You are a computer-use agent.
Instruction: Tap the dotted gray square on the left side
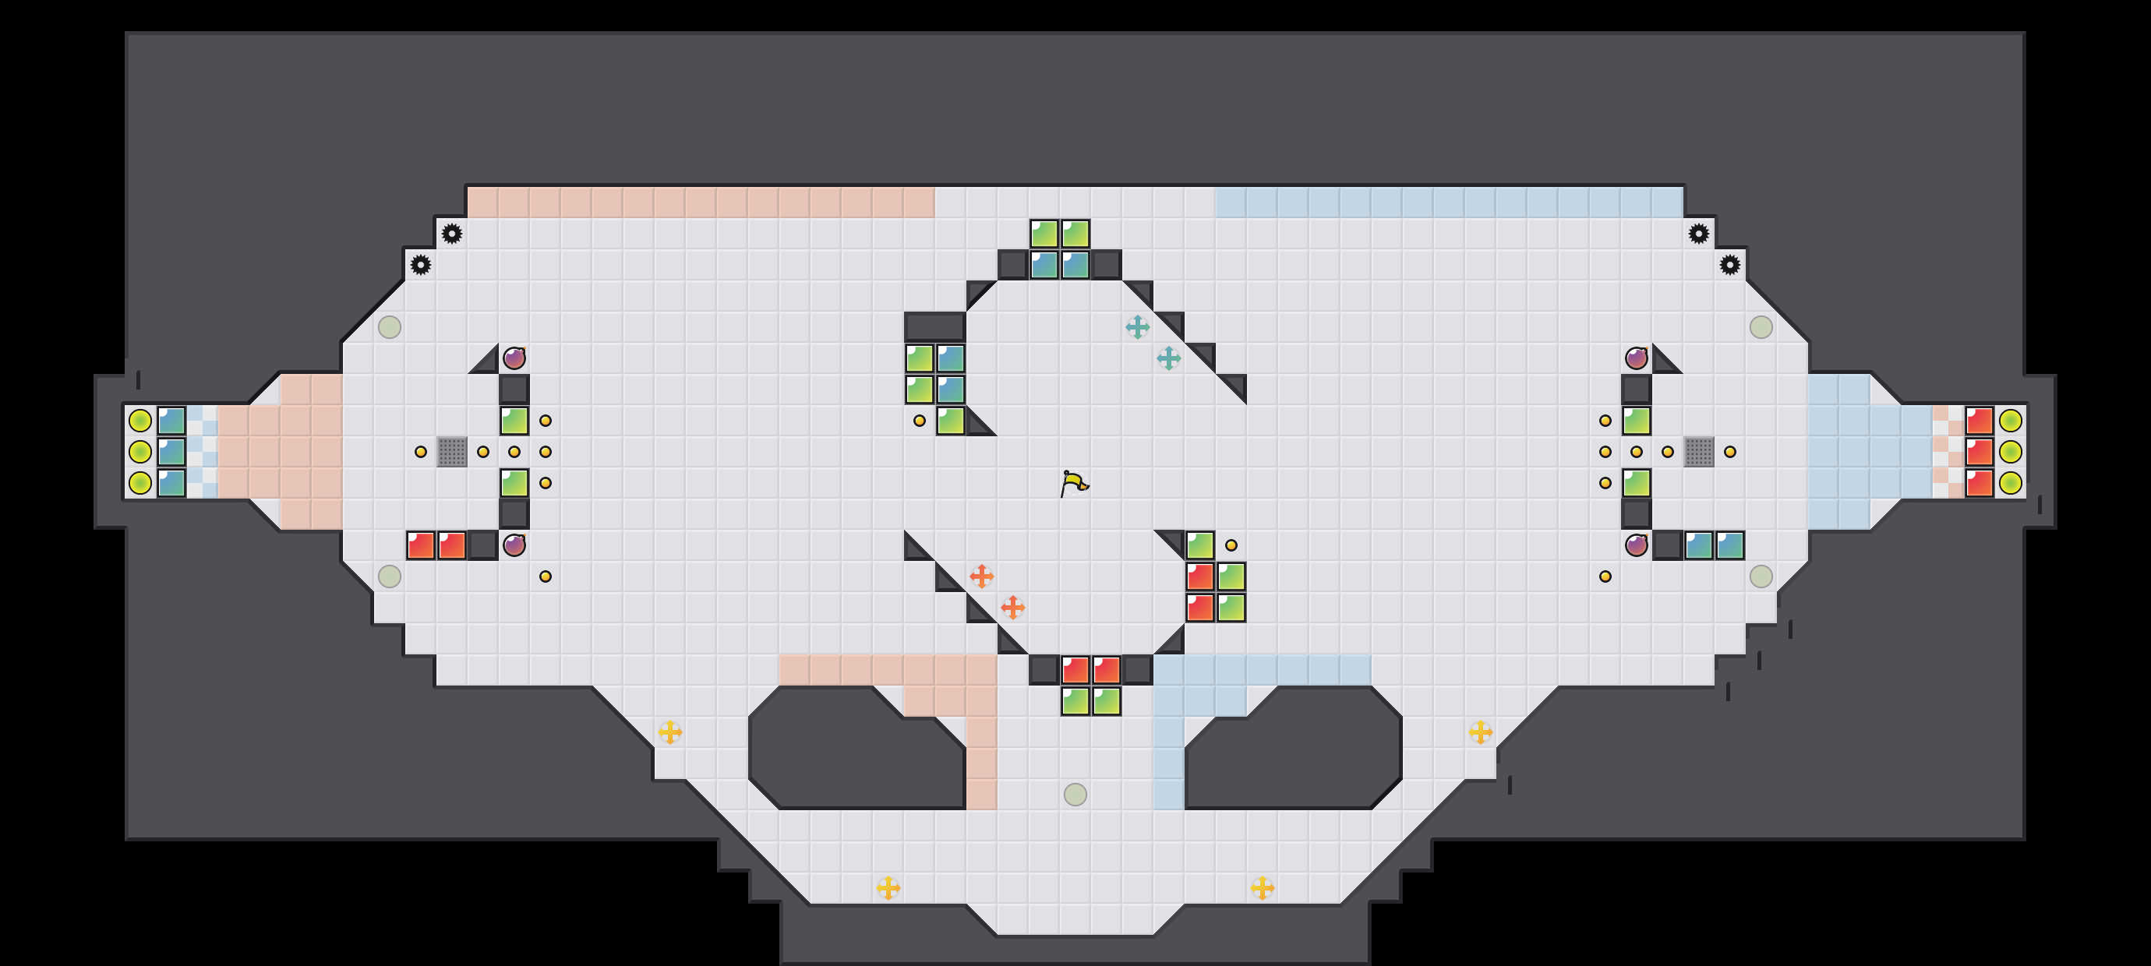pos(452,452)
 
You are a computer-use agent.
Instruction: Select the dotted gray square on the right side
pos(1698,452)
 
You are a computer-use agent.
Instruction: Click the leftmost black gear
pos(421,265)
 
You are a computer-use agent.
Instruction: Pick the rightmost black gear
pos(1729,265)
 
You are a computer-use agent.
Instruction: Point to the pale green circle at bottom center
pos(1075,794)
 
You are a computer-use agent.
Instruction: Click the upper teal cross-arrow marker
pos(1137,327)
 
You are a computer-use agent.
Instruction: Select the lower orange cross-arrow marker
pos(1013,607)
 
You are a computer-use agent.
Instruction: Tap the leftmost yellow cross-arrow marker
pos(669,732)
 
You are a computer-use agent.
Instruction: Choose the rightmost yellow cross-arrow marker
pos(1481,732)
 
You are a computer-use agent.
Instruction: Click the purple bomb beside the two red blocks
pos(514,545)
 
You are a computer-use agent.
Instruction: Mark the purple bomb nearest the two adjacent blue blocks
pos(1637,545)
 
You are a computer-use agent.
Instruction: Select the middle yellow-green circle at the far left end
pos(140,452)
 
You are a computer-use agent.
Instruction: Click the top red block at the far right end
pos(1979,421)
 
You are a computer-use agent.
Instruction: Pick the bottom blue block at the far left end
pos(172,482)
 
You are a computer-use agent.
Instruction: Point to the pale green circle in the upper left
pos(389,327)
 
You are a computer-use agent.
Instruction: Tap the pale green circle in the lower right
pos(1761,576)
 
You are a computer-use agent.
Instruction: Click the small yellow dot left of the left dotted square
pos(421,452)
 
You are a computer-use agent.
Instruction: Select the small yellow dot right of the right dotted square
pos(1730,452)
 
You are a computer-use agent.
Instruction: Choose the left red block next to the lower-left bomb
pos(421,545)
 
